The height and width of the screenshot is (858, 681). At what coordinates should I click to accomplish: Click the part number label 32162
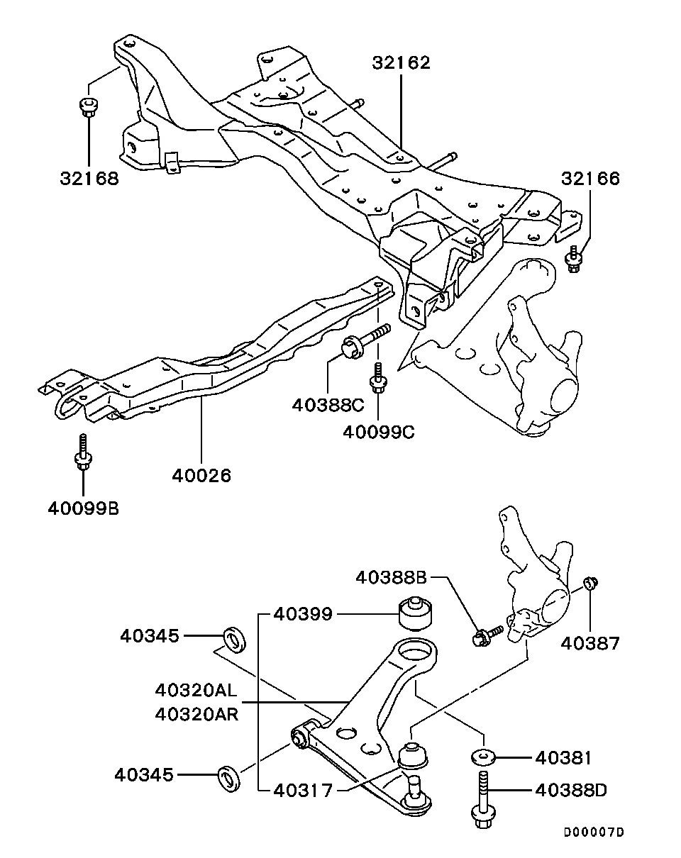(x=401, y=62)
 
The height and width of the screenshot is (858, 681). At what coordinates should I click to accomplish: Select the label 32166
(x=590, y=178)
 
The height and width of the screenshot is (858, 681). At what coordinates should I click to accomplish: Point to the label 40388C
(x=328, y=405)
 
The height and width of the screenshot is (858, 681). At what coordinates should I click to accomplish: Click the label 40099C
(x=378, y=430)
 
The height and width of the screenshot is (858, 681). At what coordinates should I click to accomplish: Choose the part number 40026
(x=201, y=474)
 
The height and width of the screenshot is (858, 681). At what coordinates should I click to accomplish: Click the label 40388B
(x=392, y=578)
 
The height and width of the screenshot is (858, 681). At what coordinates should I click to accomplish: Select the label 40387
(x=590, y=643)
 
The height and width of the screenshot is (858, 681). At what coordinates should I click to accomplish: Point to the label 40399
(x=303, y=613)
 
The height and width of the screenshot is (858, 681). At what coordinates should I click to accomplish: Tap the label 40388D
(x=571, y=789)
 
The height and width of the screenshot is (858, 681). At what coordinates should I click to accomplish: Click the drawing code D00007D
(x=594, y=832)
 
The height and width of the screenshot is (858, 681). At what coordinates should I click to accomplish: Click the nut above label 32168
(x=88, y=107)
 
